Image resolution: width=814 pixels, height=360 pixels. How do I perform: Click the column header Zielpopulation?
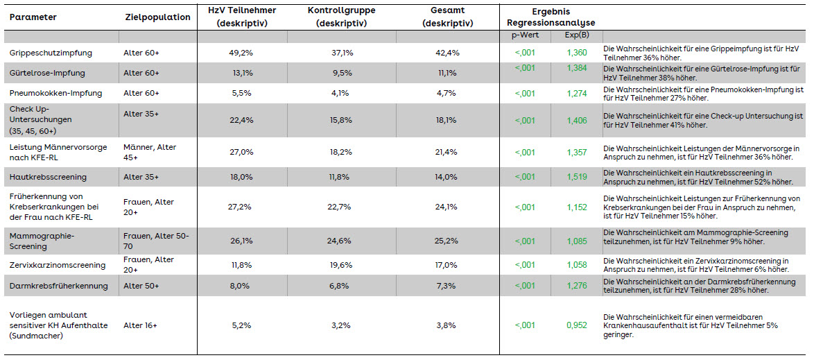[158, 17]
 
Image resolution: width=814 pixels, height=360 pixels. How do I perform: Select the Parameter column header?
[33, 17]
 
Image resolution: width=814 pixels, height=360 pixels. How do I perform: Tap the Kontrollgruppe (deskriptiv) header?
[341, 17]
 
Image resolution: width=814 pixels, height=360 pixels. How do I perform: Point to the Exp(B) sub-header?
[577, 36]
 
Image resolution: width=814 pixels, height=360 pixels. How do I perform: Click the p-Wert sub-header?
[525, 36]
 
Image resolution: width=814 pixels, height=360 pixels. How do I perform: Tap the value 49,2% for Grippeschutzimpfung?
[241, 53]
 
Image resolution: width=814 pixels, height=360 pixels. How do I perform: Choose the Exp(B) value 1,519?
[577, 177]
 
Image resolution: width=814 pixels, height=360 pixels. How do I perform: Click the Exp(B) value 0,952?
[577, 326]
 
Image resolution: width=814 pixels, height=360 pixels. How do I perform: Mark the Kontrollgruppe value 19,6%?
[341, 265]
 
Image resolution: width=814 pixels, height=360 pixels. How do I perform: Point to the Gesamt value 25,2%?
[447, 241]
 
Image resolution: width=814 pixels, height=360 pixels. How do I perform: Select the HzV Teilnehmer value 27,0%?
[241, 152]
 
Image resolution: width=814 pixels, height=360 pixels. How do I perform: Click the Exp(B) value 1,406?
[577, 121]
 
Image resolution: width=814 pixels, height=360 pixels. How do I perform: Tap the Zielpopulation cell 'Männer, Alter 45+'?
[150, 152]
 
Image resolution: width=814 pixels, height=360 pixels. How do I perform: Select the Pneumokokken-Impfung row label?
[49, 94]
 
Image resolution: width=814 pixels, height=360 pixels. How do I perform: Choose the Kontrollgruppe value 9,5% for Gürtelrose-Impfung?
[341, 74]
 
